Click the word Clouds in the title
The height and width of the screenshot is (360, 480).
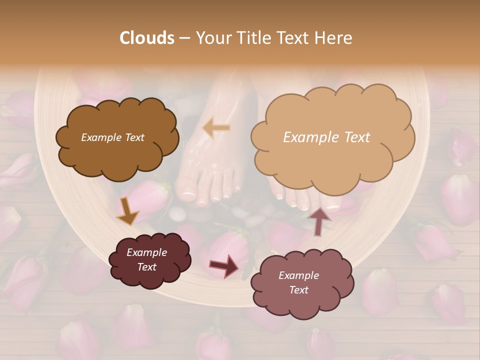tap(147, 38)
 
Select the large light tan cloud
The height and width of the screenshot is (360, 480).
tap(332, 115)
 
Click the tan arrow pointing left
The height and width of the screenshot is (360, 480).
tap(216, 128)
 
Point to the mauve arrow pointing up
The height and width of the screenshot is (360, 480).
tap(319, 220)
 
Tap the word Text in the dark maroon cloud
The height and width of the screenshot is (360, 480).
tap(147, 267)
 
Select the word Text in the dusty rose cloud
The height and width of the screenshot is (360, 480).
tap(299, 290)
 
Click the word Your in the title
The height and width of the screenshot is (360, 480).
tap(211, 38)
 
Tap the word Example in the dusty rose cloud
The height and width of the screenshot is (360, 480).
tap(298, 275)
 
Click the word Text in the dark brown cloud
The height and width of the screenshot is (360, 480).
tap(134, 137)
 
